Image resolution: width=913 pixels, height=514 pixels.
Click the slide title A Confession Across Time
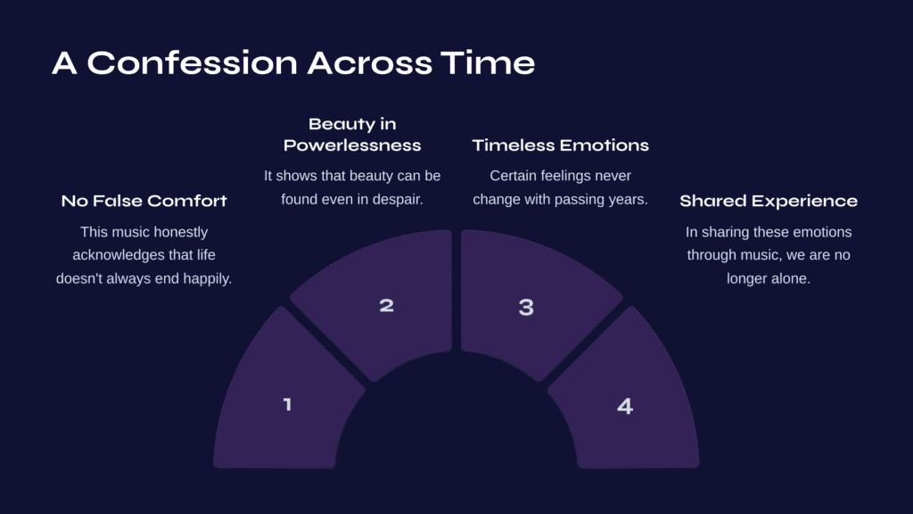click(293, 63)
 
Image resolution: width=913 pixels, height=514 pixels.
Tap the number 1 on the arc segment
click(287, 404)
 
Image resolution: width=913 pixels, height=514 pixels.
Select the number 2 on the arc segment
click(387, 305)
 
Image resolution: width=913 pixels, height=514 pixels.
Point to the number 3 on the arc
click(526, 307)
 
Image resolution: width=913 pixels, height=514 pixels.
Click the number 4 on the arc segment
click(625, 406)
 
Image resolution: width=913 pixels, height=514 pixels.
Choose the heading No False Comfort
click(144, 201)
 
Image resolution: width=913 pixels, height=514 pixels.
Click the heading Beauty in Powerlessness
click(352, 135)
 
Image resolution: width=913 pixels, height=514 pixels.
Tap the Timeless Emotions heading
click(560, 145)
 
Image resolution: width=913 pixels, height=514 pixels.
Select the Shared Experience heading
click(769, 201)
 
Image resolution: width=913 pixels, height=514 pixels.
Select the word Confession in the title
click(193, 63)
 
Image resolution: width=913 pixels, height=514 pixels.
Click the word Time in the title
click(488, 63)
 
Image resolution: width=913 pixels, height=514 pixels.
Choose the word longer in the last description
click(744, 279)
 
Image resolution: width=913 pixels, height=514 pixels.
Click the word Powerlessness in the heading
click(352, 145)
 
